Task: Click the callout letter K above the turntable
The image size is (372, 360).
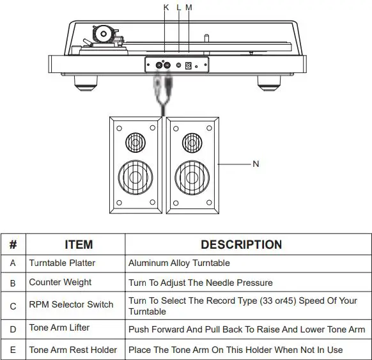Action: tap(166, 7)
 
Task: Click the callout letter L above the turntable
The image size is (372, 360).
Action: tap(179, 7)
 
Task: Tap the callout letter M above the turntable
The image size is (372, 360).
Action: tap(189, 7)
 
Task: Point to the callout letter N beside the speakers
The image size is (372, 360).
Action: tap(256, 164)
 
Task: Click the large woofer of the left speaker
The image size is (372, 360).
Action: tap(134, 175)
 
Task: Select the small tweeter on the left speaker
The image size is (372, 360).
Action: tap(134, 141)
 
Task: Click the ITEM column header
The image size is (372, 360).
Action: tap(79, 244)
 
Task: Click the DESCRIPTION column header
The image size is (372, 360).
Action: tap(241, 244)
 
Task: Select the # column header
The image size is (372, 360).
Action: tap(13, 244)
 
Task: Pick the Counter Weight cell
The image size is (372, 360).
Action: tap(60, 282)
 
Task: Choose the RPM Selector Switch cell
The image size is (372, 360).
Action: tap(71, 305)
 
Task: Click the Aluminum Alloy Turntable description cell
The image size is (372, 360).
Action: tap(179, 263)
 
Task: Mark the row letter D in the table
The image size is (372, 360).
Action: tap(13, 329)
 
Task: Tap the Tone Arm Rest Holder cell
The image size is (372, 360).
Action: tap(73, 350)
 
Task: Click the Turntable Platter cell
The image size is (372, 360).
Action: tap(62, 263)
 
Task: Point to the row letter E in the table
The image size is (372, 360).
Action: tap(13, 350)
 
